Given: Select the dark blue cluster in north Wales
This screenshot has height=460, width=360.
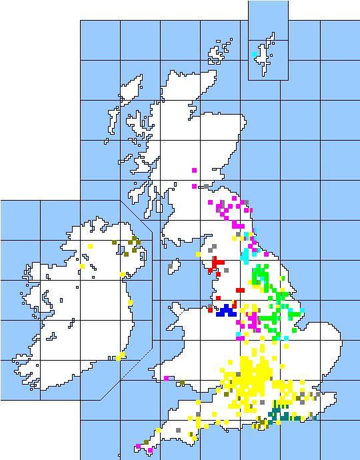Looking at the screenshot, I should [226, 310].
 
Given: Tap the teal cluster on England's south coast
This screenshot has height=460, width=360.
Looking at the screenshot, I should [279, 415].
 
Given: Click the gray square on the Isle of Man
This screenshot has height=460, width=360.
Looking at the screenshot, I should [171, 266].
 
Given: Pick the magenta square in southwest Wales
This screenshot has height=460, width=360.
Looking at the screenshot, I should [166, 379].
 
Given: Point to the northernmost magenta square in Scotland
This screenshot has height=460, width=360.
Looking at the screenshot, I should [194, 171].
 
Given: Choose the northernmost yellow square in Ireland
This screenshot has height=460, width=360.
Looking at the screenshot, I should [91, 247].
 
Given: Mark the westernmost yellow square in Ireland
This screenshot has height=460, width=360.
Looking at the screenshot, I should [83, 267].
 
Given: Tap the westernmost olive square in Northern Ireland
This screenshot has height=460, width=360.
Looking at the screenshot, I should [115, 243].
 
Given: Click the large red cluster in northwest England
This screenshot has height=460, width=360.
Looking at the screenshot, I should [217, 264].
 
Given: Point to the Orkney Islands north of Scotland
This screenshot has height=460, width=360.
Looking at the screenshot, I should [217, 53].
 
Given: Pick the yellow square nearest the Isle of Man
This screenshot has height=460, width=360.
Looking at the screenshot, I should [198, 255].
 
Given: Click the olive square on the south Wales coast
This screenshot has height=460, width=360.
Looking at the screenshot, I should [181, 383].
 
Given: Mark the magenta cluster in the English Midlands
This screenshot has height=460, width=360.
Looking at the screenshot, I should [253, 321].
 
